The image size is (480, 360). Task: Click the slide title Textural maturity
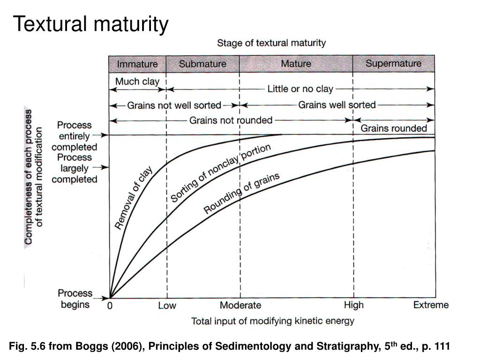click(90, 24)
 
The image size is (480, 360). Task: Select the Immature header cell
click(137, 64)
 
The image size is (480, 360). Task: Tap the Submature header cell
click(202, 64)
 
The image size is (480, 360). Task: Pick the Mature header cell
click(296, 64)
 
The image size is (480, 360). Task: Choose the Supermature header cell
click(393, 63)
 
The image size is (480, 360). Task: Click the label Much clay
click(137, 82)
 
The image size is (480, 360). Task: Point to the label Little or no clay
click(300, 89)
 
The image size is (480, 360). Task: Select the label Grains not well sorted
click(174, 105)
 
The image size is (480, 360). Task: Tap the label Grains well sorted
click(337, 105)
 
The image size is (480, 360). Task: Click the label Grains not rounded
click(231, 120)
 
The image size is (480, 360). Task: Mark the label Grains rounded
click(394, 128)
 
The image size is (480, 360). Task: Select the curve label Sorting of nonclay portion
click(220, 173)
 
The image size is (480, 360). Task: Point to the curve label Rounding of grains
click(241, 193)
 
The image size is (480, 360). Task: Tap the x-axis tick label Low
click(167, 306)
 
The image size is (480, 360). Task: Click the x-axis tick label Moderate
click(240, 306)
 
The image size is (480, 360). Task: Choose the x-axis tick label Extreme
click(431, 305)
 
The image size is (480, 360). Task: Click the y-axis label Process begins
click(75, 299)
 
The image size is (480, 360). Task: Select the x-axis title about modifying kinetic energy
click(272, 321)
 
